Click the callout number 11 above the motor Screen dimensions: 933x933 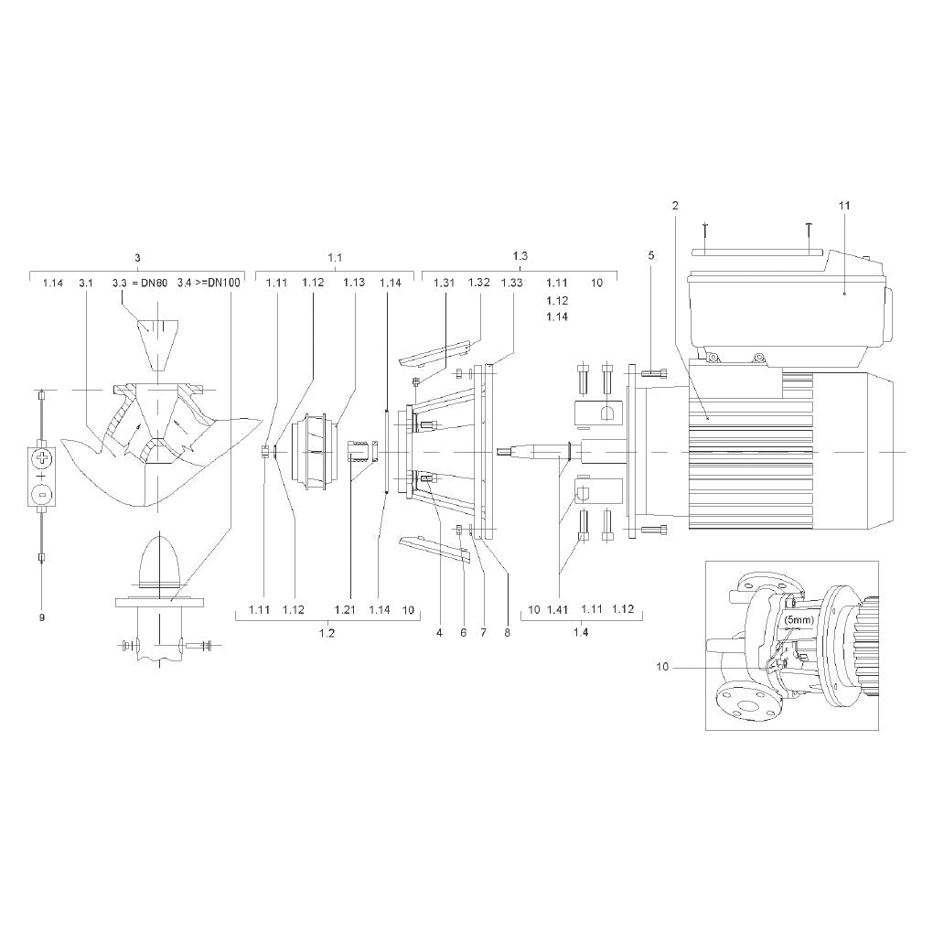(x=844, y=206)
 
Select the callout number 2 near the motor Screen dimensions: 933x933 (x=675, y=206)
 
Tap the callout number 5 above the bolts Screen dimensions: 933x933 (x=651, y=255)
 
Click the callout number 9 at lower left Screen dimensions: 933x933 (x=42, y=617)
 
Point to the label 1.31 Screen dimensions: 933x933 (x=444, y=283)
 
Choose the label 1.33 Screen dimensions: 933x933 (x=511, y=283)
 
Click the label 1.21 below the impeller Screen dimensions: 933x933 (x=345, y=610)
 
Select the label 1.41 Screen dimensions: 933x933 (x=558, y=610)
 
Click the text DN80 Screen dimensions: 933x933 (x=154, y=283)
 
